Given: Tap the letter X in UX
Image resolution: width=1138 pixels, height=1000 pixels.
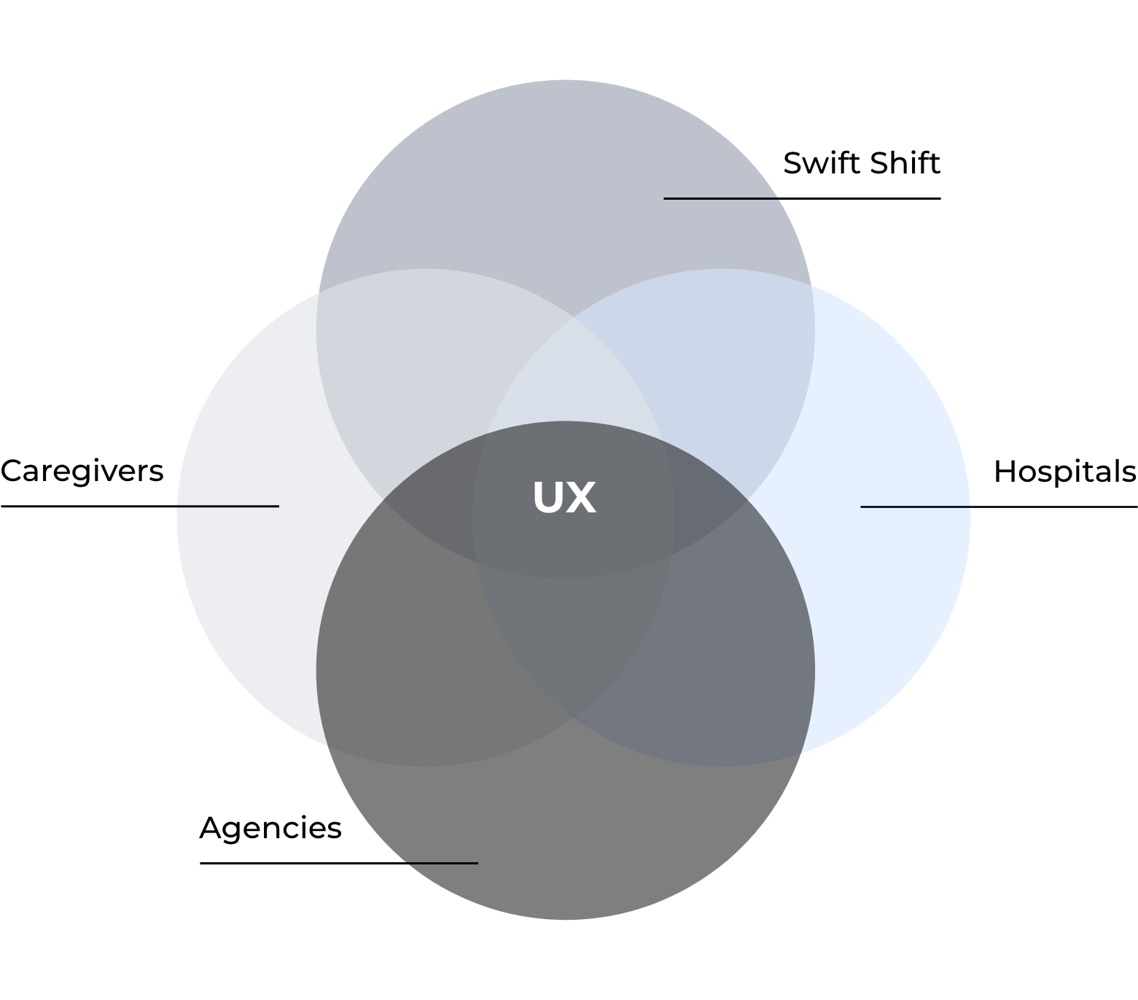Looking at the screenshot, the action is pos(581,497).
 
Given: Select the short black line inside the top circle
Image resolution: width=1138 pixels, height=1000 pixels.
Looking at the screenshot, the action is pos(721,198).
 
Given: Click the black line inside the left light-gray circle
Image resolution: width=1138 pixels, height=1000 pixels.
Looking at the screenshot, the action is pos(227,506).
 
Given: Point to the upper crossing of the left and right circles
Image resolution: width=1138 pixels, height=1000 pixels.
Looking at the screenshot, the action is pos(574,318).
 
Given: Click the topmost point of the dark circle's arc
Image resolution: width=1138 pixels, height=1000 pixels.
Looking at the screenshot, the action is pos(565,421).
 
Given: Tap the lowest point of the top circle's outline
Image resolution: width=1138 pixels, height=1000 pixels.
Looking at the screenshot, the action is pos(565,579).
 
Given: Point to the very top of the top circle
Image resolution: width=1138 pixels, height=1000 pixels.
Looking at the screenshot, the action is pos(565,80).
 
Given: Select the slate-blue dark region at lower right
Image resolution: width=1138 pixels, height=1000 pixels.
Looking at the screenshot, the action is pos(729,656).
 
